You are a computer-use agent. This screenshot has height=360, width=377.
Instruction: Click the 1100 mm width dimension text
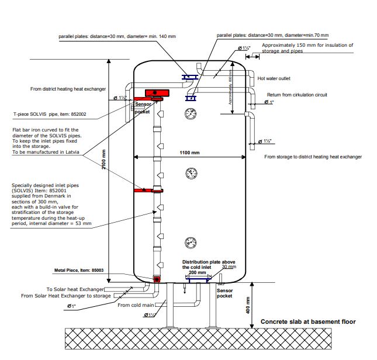(189, 153)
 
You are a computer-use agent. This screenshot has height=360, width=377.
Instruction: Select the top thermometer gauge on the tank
(191, 113)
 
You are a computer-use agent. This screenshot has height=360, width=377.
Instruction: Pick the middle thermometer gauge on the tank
(191, 173)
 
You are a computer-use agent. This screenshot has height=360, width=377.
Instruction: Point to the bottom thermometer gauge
(191, 242)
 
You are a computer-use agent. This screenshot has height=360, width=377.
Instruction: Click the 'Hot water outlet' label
(274, 78)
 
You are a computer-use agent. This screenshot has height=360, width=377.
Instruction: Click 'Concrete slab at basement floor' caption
(307, 321)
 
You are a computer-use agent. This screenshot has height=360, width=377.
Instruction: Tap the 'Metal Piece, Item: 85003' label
(80, 270)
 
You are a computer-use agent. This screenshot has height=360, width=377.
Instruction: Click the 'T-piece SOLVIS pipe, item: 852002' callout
(50, 115)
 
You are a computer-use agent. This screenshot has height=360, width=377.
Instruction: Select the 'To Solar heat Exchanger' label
(75, 289)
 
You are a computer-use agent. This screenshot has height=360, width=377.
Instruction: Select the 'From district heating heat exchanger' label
(68, 89)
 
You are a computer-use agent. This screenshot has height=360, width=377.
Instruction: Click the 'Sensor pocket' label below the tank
(224, 293)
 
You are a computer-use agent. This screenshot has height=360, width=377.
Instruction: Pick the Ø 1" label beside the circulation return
(269, 102)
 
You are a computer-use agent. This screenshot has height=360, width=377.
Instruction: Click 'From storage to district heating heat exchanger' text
(313, 157)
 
